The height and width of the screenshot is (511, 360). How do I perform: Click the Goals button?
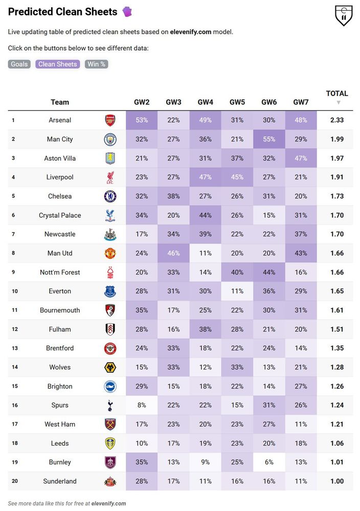19,64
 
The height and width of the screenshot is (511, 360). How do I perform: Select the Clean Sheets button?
58,64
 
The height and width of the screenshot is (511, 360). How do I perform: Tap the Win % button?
96,64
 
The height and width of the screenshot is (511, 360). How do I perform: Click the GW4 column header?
205,102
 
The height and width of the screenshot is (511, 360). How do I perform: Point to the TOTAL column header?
337,94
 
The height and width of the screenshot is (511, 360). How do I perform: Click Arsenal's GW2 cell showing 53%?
142,120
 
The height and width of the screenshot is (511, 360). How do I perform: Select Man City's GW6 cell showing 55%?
269,139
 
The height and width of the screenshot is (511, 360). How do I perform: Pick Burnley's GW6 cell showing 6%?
269,462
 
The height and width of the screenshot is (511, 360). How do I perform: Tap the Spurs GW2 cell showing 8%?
142,405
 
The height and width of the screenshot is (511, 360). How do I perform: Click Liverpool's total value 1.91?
336,177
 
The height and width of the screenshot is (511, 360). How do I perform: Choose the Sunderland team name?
60,481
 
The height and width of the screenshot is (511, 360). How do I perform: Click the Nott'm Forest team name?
60,272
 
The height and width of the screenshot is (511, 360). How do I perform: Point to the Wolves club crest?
110,367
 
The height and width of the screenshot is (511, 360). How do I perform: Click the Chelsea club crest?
110,196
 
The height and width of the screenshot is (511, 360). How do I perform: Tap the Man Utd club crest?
110,253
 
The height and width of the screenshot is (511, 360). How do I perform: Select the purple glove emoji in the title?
127,11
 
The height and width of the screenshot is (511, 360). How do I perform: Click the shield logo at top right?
343,16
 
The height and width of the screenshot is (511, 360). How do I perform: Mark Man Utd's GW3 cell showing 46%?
173,253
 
